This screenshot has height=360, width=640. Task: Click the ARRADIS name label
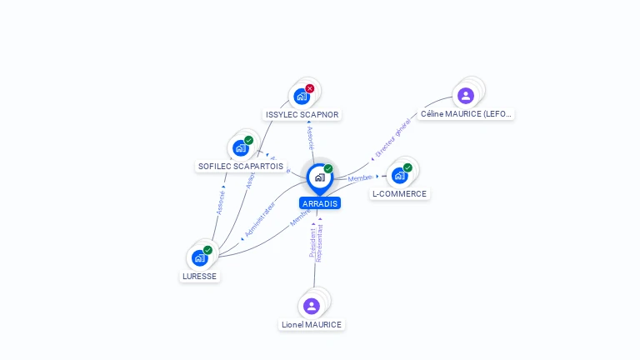click(x=320, y=203)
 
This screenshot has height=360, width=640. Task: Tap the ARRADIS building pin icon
click(x=319, y=177)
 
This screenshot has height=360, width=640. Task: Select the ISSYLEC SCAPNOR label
click(x=302, y=114)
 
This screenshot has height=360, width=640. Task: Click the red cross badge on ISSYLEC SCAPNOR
click(x=310, y=88)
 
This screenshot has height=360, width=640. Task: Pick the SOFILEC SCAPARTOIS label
click(x=241, y=166)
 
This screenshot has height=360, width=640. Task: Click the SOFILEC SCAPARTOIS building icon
click(x=240, y=148)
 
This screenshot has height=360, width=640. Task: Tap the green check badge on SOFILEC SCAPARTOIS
click(x=248, y=141)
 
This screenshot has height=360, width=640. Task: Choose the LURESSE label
click(x=199, y=276)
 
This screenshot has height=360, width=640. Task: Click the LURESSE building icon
click(x=199, y=258)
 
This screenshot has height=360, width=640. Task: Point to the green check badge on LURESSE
click(x=207, y=250)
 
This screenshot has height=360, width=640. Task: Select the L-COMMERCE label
click(x=399, y=193)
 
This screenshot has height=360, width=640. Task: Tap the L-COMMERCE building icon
click(x=399, y=176)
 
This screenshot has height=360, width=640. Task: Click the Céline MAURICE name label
click(x=466, y=113)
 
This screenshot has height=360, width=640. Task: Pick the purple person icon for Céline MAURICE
click(x=466, y=95)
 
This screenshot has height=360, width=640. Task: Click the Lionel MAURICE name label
click(x=312, y=324)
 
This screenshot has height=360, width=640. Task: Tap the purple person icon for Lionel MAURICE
click(x=312, y=306)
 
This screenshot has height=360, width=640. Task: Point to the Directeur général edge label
click(x=392, y=138)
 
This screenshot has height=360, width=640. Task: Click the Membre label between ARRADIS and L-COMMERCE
click(x=360, y=178)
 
